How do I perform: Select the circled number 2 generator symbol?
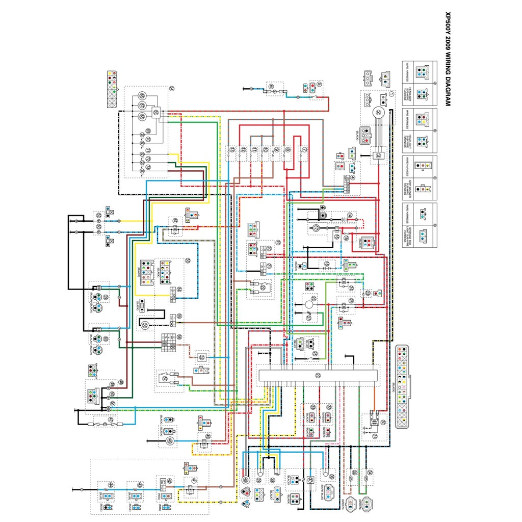[379, 113]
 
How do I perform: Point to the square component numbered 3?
[379, 156]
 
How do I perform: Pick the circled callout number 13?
[232, 150]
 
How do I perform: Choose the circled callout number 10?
[265, 150]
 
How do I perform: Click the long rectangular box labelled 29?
[318, 376]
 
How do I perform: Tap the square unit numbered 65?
[156, 112]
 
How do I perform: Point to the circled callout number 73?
[148, 167]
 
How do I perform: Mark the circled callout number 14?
[350, 216]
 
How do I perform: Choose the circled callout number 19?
[278, 243]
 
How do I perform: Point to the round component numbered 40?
[246, 480]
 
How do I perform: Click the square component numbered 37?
[309, 480]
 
